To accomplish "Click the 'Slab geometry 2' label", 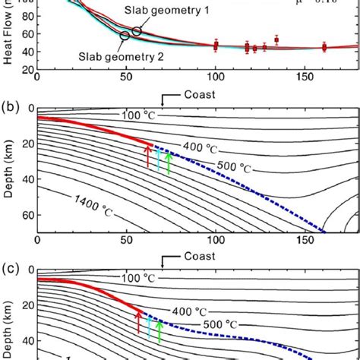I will (x=115, y=54).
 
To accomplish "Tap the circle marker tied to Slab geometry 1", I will (x=136, y=31).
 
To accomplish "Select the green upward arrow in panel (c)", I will (x=159, y=330).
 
